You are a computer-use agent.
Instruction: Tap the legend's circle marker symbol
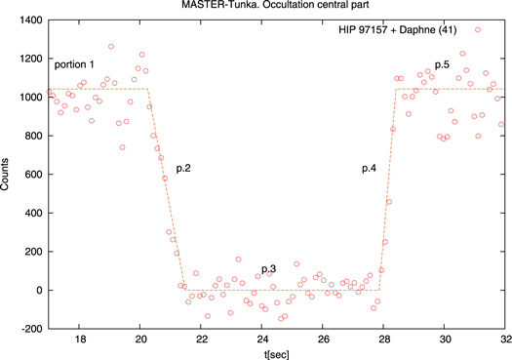pyautogui.click(x=478, y=30)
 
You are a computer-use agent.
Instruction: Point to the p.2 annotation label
pyautogui.click(x=182, y=169)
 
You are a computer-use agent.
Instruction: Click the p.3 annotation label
pyautogui.click(x=268, y=267)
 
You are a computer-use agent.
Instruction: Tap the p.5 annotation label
pyautogui.click(x=442, y=64)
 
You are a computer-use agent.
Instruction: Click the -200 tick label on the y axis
pyautogui.click(x=25, y=329)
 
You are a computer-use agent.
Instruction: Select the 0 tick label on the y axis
pyautogui.click(x=35, y=291)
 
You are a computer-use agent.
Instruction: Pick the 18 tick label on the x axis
pyautogui.click(x=80, y=340)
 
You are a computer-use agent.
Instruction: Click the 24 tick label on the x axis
pyautogui.click(x=261, y=340)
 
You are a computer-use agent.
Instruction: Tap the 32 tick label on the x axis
pyautogui.click(x=503, y=340)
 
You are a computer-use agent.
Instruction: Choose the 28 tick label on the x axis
pyautogui.click(x=383, y=340)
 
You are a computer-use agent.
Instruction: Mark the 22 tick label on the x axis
pyautogui.click(x=202, y=340)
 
